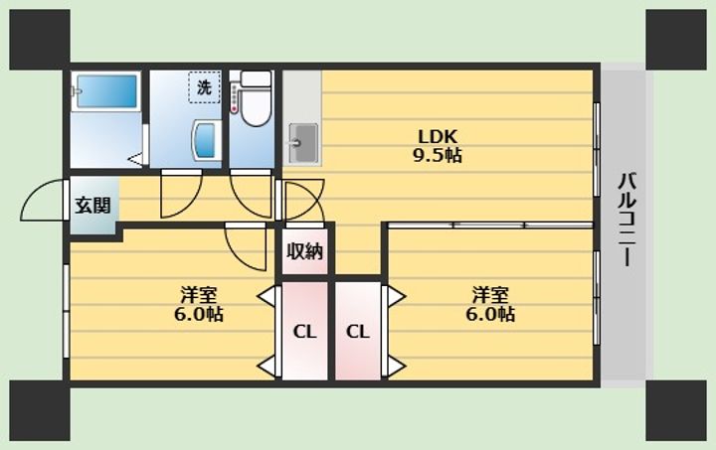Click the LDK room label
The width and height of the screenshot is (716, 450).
pyautogui.click(x=438, y=136)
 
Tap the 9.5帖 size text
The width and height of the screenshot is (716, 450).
pyautogui.click(x=438, y=156)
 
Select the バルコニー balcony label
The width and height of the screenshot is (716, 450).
pyautogui.click(x=627, y=219)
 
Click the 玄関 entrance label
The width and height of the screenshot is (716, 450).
pyautogui.click(x=93, y=206)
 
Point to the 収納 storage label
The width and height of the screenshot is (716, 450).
pyautogui.click(x=304, y=251)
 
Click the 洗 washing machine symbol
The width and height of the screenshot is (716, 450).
pyautogui.click(x=204, y=86)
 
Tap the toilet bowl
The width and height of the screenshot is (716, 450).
pyautogui.click(x=256, y=105)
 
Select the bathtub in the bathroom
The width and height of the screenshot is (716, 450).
pyautogui.click(x=106, y=91)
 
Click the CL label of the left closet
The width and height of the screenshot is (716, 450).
pyautogui.click(x=304, y=332)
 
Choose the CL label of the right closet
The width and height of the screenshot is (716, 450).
pyautogui.click(x=358, y=332)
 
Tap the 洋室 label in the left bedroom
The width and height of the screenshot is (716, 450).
pyautogui.click(x=198, y=295)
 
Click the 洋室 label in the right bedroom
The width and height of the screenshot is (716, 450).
pyautogui.click(x=490, y=295)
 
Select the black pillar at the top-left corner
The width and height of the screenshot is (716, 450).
pyautogui.click(x=40, y=40)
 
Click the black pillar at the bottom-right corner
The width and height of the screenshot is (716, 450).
pyautogui.click(x=676, y=411)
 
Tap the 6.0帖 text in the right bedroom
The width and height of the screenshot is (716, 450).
pyautogui.click(x=490, y=315)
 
